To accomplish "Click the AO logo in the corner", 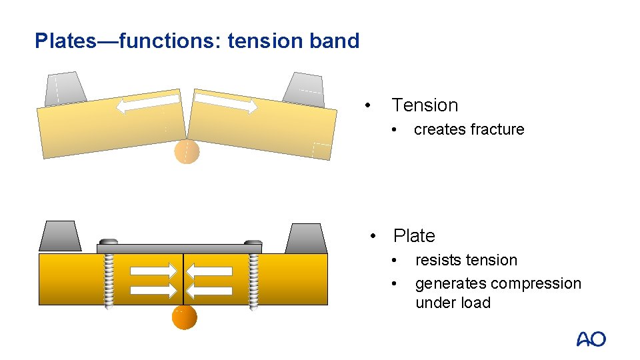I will [591, 339].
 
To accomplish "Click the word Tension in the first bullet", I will [425, 105].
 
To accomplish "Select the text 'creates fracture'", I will [469, 129].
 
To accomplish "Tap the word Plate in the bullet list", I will [414, 236].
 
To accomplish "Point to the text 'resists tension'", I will [466, 260].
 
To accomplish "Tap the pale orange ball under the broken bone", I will [187, 152].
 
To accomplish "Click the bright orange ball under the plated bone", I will [185, 317].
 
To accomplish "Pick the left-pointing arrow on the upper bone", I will [148, 103].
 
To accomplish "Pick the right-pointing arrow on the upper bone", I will [226, 102].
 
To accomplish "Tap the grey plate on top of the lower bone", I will [179, 248].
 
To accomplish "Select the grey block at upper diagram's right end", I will [303, 89].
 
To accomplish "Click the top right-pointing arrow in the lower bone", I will [154, 271].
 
